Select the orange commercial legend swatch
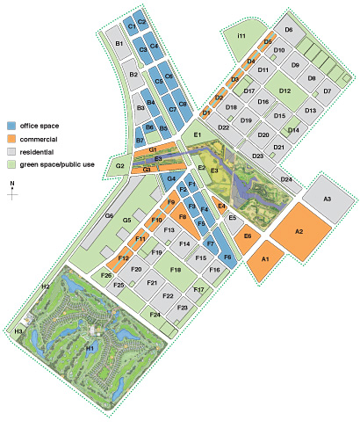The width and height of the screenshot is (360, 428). point(11,138)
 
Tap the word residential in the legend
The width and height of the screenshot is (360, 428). point(38,151)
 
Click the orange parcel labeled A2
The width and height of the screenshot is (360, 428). point(299,231)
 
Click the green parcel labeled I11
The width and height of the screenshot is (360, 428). point(239,34)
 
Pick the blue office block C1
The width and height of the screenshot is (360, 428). point(132,28)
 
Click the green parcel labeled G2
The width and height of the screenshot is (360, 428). point(119,165)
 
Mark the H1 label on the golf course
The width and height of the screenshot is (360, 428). point(90,348)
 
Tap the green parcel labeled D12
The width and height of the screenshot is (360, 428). point(284,91)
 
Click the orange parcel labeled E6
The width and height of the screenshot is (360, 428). point(248,236)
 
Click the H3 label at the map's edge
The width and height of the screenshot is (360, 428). point(18,330)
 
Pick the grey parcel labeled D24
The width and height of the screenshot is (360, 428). point(286,179)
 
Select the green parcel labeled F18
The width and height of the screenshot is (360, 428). point(176,270)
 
